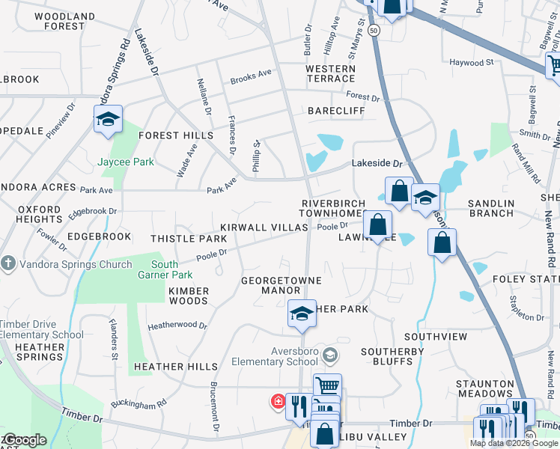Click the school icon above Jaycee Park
point(109,120)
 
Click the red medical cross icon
point(278,402)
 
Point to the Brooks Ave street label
point(251,75)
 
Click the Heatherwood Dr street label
point(177,326)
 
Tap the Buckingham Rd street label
point(139,405)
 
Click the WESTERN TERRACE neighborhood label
point(330,73)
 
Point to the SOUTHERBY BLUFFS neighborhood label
point(392,356)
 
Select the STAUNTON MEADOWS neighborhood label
point(484,388)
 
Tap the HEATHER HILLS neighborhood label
point(175,367)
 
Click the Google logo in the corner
point(24,440)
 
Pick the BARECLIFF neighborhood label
point(336,111)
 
